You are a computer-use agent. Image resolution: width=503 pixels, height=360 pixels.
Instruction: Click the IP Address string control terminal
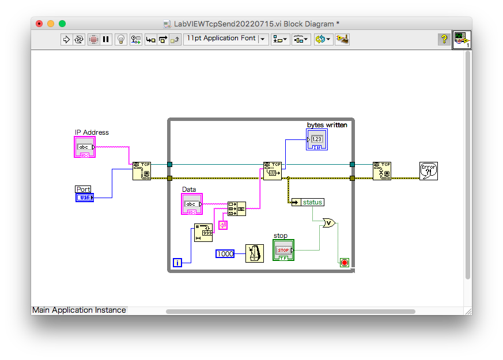(85, 147)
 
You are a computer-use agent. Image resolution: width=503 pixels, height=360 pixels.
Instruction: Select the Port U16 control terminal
(84, 198)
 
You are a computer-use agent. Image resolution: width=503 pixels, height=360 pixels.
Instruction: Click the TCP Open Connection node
(141, 171)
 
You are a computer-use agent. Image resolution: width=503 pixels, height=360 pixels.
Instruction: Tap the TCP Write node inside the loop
(272, 171)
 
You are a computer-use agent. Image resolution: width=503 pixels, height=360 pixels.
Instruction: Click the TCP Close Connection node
(381, 171)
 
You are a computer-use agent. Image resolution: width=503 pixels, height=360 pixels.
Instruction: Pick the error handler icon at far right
(428, 171)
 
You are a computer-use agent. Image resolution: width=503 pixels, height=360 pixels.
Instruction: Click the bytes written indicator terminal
(316, 139)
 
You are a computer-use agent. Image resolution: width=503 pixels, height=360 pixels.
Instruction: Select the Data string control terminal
(192, 204)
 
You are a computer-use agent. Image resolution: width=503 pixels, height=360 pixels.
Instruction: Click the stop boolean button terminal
(283, 251)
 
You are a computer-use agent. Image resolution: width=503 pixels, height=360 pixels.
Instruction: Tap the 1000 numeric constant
(225, 253)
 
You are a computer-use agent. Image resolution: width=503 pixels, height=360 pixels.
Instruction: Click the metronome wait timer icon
(254, 253)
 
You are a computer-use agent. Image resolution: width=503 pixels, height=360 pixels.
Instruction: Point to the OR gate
(328, 223)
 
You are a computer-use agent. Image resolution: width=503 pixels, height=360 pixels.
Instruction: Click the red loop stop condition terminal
(345, 263)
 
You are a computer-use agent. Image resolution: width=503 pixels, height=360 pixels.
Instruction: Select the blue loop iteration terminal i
(177, 263)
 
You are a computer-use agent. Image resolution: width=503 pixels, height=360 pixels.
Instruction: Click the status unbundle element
(307, 202)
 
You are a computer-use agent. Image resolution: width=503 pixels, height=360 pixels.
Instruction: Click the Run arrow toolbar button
(66, 39)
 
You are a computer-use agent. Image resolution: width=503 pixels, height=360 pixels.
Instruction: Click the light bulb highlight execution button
(120, 39)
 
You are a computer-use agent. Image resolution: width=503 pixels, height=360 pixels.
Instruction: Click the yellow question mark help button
(444, 39)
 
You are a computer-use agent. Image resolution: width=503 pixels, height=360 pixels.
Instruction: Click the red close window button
(39, 24)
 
